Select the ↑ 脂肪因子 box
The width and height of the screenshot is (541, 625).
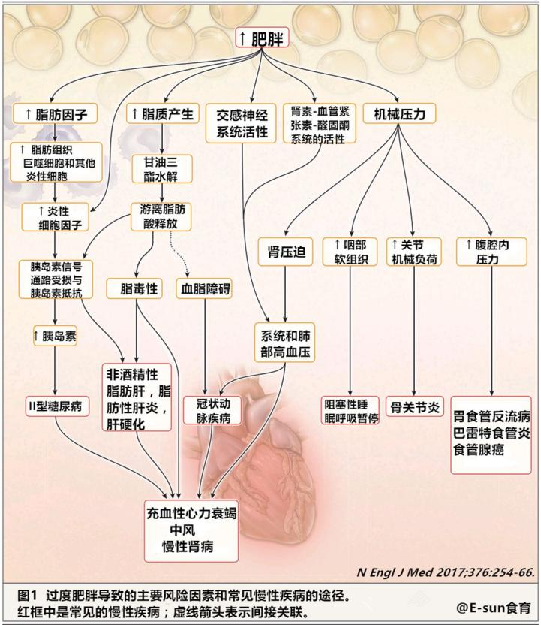coord(56,114)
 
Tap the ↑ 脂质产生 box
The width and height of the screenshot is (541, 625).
coord(162,114)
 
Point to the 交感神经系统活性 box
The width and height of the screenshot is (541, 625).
coord(242,123)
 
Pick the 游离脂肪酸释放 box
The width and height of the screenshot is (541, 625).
coord(161,216)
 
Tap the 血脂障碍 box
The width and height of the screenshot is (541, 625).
coord(205,288)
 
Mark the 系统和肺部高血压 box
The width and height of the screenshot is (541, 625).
coord(287,343)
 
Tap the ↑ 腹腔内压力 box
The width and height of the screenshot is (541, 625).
coord(488,252)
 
